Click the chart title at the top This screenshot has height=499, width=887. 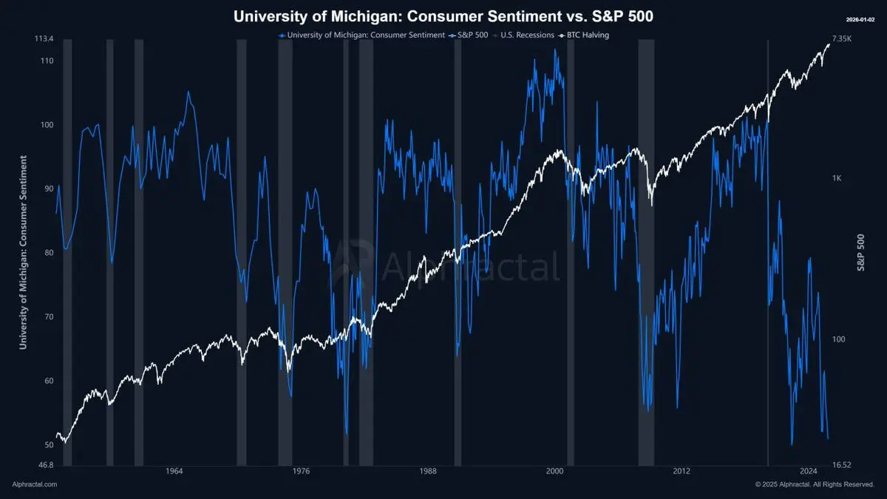click(443, 16)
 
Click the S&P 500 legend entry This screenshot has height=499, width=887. click(468, 35)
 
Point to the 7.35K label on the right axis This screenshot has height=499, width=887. click(842, 39)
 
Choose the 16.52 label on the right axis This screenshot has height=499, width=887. click(842, 465)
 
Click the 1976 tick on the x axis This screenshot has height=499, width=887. click(301, 471)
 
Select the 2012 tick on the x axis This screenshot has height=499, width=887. click(682, 471)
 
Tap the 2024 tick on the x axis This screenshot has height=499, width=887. click(809, 471)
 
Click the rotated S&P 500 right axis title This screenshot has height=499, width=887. click(861, 252)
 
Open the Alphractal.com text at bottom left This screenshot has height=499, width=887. click(35, 484)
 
